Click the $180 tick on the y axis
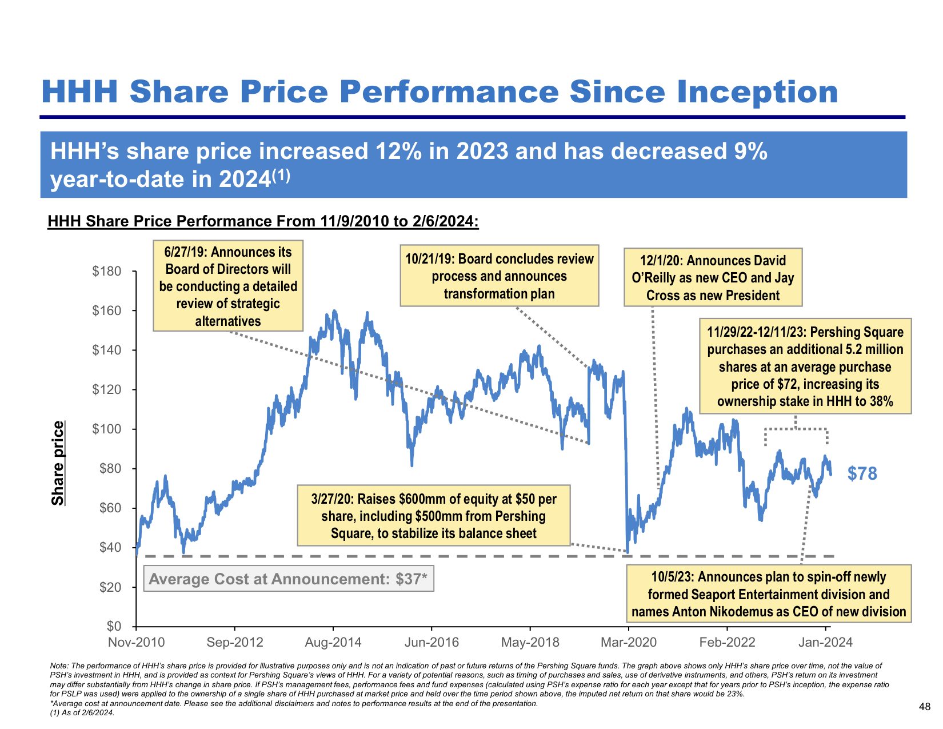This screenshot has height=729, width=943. point(107,272)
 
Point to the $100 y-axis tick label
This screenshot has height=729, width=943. point(107,429)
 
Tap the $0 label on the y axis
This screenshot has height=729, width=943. point(114,627)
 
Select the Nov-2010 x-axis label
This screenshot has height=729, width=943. point(136,643)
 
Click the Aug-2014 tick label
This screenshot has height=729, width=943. point(333,643)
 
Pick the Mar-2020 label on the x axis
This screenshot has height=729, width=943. point(628,643)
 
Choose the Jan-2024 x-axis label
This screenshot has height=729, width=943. point(825,643)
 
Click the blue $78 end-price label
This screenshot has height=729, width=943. point(862,473)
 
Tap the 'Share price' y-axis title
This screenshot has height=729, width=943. point(58,463)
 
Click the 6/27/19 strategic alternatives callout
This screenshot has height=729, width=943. point(228,286)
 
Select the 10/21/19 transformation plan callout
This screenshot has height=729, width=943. point(499,276)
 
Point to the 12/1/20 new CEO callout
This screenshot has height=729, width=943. point(713,278)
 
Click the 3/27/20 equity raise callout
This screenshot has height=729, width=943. point(433,516)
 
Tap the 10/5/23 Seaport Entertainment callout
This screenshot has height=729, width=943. point(768,594)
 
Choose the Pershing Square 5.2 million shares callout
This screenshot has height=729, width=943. point(805,367)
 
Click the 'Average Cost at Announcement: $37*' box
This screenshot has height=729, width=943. point(288,579)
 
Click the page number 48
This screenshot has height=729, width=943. point(925,707)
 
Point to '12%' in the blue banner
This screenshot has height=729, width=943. point(397,152)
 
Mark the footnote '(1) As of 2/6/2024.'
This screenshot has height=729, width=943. point(82,713)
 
